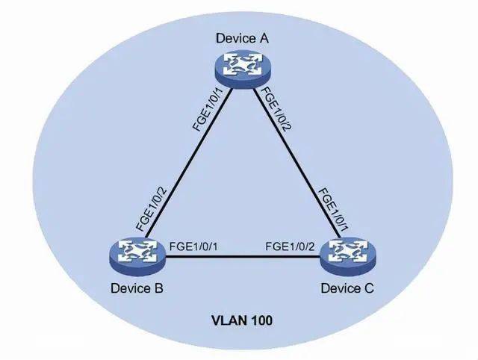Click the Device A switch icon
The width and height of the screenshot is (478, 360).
point(242,69)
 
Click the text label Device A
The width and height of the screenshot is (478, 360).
point(242,38)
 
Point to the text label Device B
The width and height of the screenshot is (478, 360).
point(137,288)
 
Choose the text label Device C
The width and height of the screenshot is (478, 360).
point(347,288)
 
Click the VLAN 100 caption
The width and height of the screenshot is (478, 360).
point(242,320)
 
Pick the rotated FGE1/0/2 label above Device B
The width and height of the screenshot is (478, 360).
point(152,209)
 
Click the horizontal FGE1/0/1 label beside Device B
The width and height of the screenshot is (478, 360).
point(193,246)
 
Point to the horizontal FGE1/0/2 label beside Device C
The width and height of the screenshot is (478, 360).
point(290,246)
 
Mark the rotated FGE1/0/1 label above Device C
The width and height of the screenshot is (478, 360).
point(333,210)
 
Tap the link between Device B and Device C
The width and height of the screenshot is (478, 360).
point(243,256)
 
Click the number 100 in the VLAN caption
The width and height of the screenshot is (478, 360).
point(262,320)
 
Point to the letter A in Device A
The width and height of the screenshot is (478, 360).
point(264,38)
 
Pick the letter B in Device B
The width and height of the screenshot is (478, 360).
point(159,288)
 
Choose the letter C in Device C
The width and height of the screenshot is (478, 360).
point(369,288)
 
